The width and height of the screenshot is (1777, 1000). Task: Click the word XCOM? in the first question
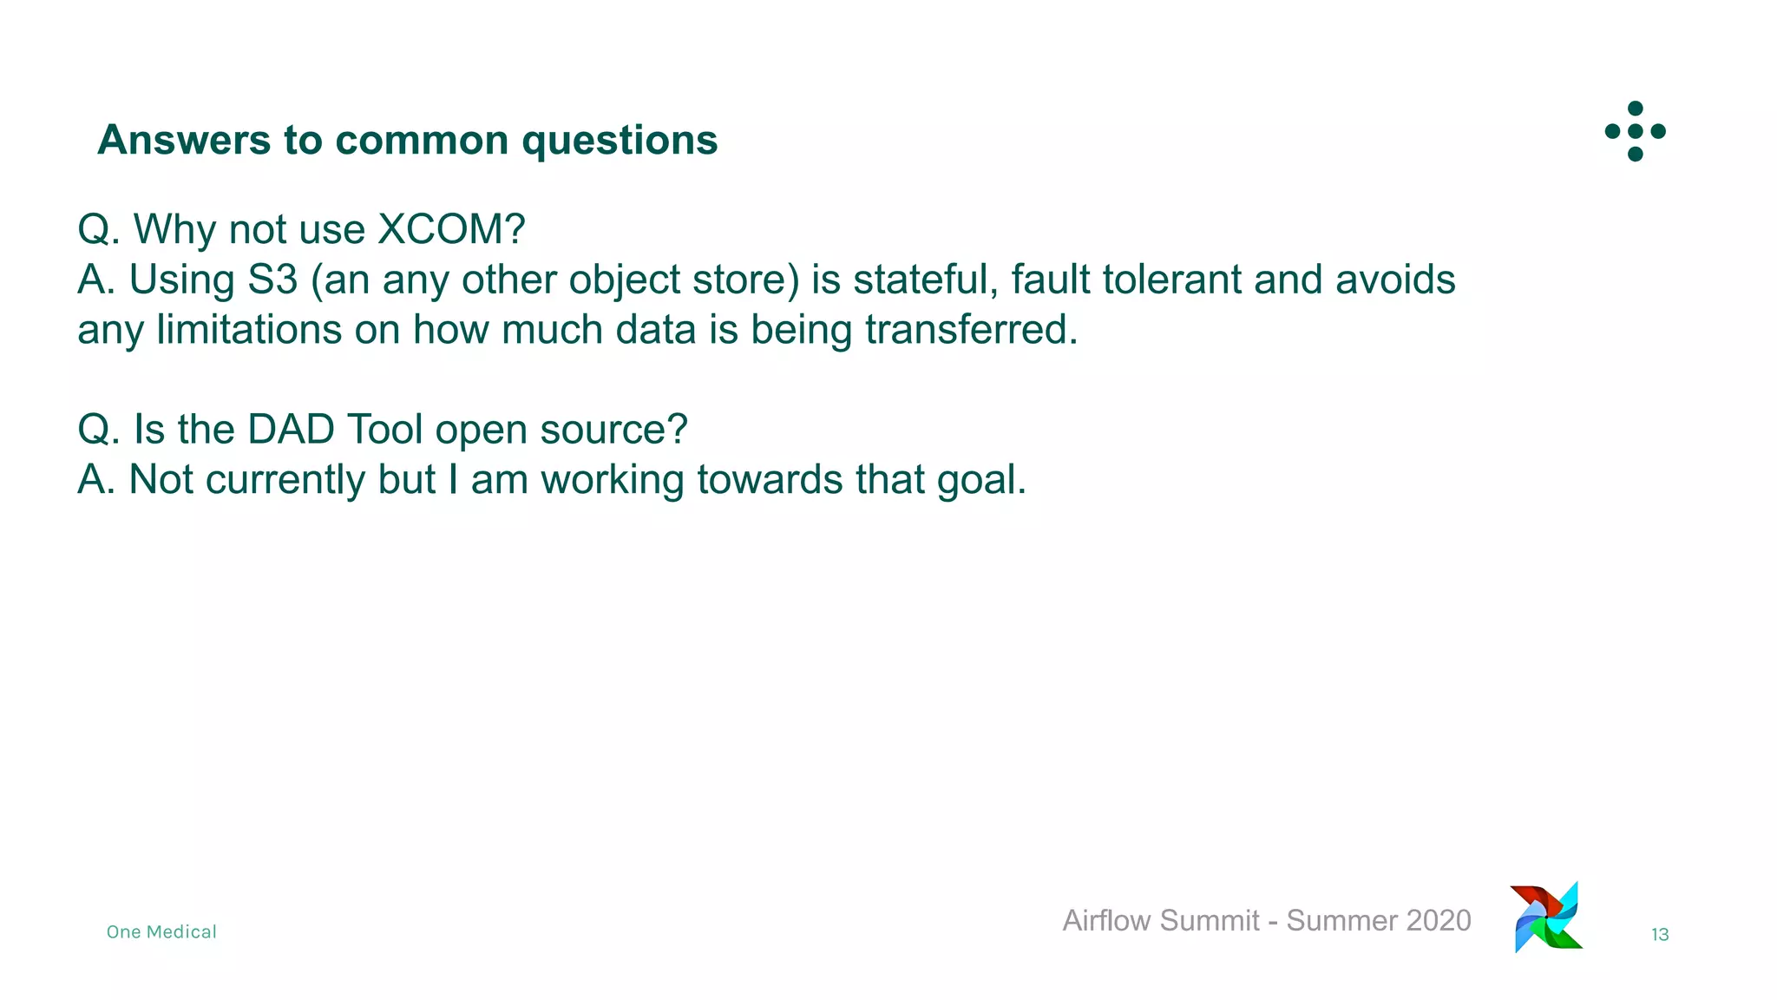point(451,230)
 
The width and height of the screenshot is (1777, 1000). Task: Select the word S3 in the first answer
point(272,280)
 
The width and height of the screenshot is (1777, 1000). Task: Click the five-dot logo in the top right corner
point(1635,131)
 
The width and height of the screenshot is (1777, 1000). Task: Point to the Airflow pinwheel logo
point(1547,918)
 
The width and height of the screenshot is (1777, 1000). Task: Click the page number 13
point(1659,935)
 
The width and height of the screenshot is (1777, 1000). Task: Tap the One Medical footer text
point(161,932)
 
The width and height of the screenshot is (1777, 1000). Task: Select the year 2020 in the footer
point(1438,920)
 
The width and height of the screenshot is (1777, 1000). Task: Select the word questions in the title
point(620,140)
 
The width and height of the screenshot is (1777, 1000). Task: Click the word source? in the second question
point(613,430)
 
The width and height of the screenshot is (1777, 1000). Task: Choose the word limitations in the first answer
point(249,331)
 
